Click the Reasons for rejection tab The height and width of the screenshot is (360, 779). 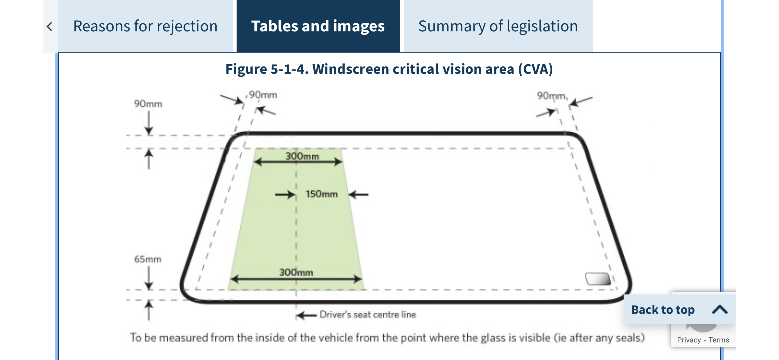coord(145,26)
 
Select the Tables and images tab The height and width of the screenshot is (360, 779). coord(318,26)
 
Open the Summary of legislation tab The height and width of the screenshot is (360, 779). coord(498,26)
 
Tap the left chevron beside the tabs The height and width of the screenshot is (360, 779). coord(50,26)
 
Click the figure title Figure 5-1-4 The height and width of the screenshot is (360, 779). coord(389,69)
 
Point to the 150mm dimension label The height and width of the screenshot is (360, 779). coord(322,194)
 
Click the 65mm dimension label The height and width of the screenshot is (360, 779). coord(148,259)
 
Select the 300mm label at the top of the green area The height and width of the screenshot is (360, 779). coord(302,156)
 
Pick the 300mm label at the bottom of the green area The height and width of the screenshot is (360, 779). coord(296,272)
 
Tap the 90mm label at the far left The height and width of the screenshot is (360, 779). coord(148,104)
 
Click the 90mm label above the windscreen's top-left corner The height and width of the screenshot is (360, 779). coord(263,94)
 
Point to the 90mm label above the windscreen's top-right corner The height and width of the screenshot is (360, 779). coord(551,96)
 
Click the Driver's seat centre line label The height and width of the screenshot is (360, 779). coord(368,314)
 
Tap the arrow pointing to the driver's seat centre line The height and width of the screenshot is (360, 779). coord(306,315)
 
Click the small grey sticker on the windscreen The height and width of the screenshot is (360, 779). coord(598,279)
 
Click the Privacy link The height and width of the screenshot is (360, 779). coord(689,340)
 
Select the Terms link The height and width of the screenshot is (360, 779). coord(719,340)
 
